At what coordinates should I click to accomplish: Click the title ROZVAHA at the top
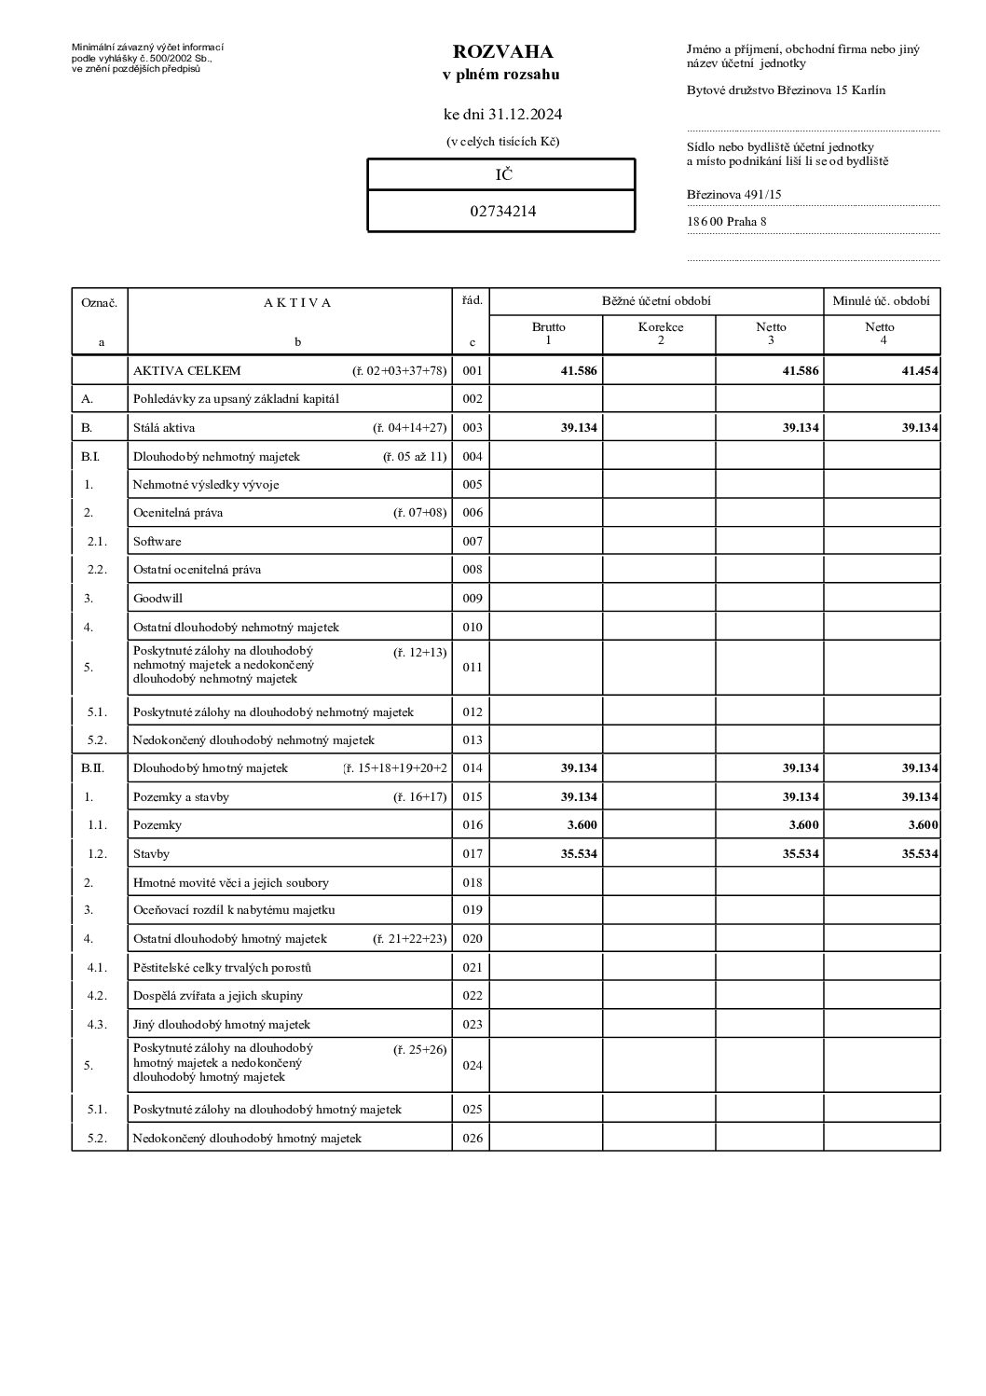[x=502, y=51]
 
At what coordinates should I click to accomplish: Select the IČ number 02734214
[x=502, y=211]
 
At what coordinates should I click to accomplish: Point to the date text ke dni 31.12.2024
[x=502, y=115]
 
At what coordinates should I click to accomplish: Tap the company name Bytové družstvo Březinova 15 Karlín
[x=786, y=90]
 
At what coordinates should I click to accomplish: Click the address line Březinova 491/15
[x=733, y=195]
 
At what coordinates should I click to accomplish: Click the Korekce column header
[x=660, y=327]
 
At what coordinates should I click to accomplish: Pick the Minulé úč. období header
[x=881, y=301]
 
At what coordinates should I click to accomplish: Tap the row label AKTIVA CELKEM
[x=186, y=371]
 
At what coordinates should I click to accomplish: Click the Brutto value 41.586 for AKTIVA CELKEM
[x=578, y=371]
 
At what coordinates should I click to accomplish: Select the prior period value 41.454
[x=919, y=371]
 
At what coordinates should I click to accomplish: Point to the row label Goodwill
[x=157, y=599]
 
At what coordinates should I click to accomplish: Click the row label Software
[x=157, y=542]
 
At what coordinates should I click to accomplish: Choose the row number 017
[x=472, y=854]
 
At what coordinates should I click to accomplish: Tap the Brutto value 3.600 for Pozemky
[x=582, y=825]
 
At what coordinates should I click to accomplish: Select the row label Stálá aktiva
[x=164, y=428]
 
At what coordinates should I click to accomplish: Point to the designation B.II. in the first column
[x=91, y=768]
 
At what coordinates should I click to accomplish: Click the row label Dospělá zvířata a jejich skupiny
[x=217, y=996]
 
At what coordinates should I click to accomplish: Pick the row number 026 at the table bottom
[x=472, y=1139]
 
